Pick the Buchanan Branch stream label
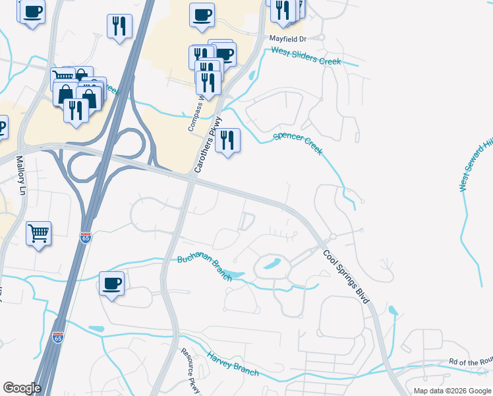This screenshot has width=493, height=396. pos(204,268)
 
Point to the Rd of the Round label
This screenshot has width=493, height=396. pos(470,361)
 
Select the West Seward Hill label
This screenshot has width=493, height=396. pos(476,164)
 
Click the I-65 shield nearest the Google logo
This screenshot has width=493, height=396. pos(59,338)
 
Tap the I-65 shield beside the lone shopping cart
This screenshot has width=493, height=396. pos(86,237)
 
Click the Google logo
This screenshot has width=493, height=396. pos(22,387)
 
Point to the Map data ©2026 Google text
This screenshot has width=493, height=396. pos(452,391)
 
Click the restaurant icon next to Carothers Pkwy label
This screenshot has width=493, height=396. pos(227,140)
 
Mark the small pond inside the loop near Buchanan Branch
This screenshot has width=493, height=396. pos(271,266)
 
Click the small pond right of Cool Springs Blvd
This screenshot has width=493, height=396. pos(393,310)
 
